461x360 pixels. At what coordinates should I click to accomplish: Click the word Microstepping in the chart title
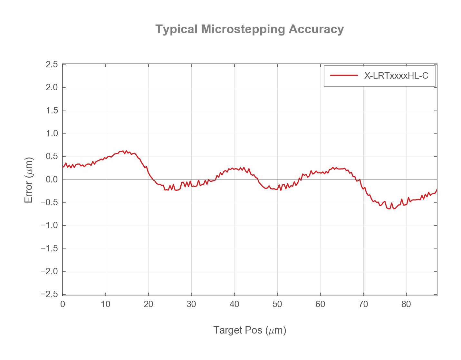tap(243, 29)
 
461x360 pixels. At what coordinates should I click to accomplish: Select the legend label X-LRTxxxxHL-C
tap(396, 76)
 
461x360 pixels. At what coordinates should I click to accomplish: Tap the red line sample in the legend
tap(344, 76)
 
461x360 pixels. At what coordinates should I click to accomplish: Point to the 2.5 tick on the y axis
tap(52, 65)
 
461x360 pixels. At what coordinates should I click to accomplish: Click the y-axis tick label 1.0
tap(52, 134)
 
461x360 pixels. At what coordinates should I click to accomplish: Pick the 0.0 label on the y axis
tap(52, 180)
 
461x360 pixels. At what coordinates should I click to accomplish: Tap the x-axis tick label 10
tap(105, 304)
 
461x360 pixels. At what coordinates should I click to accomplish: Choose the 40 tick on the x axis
tap(235, 304)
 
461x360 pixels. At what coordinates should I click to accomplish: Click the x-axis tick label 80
tap(406, 304)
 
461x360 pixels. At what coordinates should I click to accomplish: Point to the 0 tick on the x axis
tap(62, 304)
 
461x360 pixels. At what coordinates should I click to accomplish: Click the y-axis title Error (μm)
tap(29, 180)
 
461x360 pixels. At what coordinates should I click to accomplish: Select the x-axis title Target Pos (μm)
tap(250, 330)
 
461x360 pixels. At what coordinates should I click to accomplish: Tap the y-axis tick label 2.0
tap(52, 88)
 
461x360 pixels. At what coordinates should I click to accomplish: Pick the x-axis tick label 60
tap(320, 304)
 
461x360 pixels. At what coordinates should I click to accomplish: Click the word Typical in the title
tap(177, 29)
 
